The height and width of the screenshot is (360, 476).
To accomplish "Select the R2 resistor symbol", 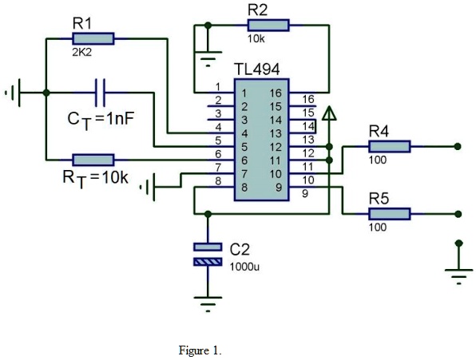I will point(268,26).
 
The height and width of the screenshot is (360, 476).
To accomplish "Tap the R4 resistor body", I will point(389,146).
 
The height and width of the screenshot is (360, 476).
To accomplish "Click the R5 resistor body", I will point(389,213).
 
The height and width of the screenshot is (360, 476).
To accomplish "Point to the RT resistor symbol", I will point(93,159).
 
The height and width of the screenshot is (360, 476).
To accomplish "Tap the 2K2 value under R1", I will point(82,53).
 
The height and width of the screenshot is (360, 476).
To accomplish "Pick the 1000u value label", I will point(244,267).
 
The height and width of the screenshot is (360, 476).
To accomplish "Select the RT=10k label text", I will point(94,176).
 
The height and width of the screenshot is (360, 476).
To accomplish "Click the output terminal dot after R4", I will point(457,146).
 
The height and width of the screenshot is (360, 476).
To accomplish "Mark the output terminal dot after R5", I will point(457,213).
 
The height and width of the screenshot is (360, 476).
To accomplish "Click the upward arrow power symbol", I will point(329,116).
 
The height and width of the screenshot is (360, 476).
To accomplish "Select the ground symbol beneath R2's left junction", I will point(208,59).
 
